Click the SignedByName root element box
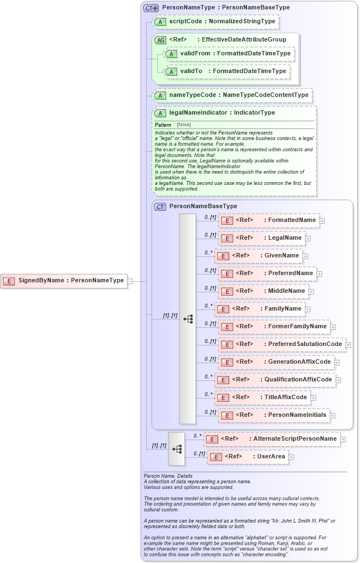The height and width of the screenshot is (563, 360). click(64, 281)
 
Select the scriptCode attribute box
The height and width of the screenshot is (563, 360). click(215, 22)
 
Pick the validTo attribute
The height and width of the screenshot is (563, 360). click(227, 71)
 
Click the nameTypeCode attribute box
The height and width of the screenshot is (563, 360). click(232, 95)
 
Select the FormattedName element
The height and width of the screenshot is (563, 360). click(269, 220)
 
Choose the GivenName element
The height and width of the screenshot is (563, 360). click(258, 256)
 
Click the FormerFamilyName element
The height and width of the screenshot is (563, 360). click(274, 327)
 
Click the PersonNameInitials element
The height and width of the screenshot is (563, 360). click(274, 415)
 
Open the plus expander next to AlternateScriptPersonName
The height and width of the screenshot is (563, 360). click(343, 440)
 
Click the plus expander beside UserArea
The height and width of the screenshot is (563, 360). click(291, 457)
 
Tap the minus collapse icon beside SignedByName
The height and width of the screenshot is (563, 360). click(130, 281)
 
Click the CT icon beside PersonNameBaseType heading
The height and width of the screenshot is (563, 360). click(160, 206)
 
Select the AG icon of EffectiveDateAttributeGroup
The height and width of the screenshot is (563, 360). click(160, 40)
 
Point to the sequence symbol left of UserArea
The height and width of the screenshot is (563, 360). click(177, 449)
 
